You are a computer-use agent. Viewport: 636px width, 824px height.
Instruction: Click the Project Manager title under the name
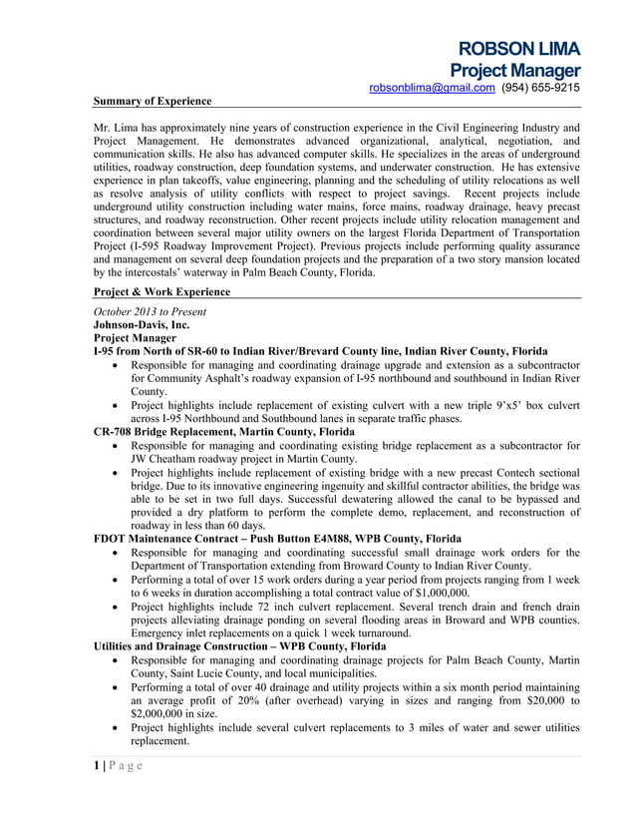514,71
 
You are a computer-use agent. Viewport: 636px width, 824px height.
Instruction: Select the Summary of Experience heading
152,101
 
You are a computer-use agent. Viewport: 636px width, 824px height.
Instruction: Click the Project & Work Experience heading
161,292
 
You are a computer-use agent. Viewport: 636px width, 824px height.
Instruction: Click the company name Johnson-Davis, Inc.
141,324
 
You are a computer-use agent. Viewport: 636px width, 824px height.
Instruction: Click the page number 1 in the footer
97,766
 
